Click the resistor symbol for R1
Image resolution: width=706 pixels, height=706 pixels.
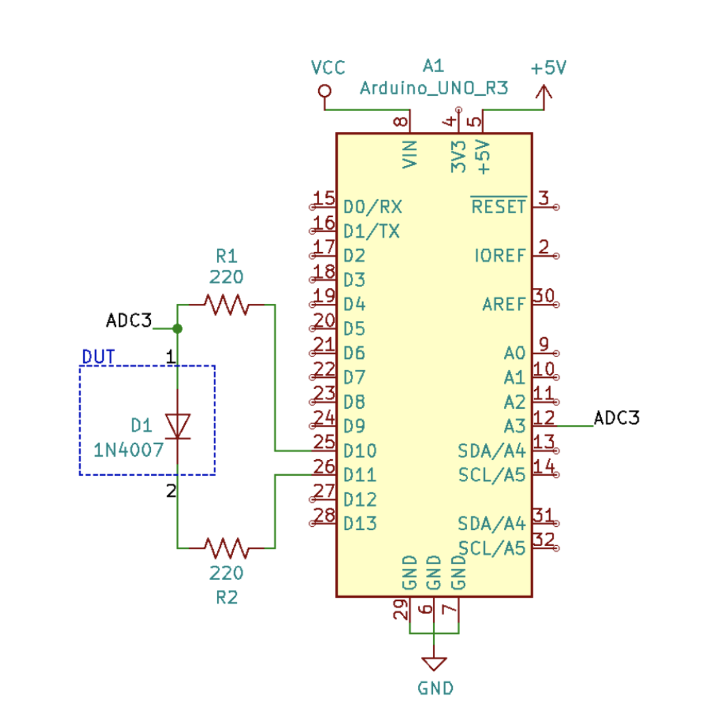click(226, 304)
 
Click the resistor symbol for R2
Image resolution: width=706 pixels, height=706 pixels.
click(226, 547)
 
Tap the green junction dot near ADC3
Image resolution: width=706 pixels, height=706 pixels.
click(177, 328)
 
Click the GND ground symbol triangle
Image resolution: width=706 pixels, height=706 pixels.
click(434, 663)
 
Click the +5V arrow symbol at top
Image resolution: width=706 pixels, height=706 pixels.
click(543, 94)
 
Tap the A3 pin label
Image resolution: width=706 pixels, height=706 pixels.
click(514, 426)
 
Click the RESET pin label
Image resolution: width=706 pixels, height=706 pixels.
click(499, 207)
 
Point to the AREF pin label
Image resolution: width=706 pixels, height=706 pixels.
click(504, 304)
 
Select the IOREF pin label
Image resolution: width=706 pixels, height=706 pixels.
click(499, 256)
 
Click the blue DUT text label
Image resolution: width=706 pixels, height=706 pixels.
click(98, 357)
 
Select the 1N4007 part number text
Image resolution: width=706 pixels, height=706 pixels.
click(128, 450)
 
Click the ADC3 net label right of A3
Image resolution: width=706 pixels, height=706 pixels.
click(616, 417)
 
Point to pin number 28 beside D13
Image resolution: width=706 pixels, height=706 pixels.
click(324, 515)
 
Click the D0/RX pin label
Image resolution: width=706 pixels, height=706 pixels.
click(373, 207)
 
